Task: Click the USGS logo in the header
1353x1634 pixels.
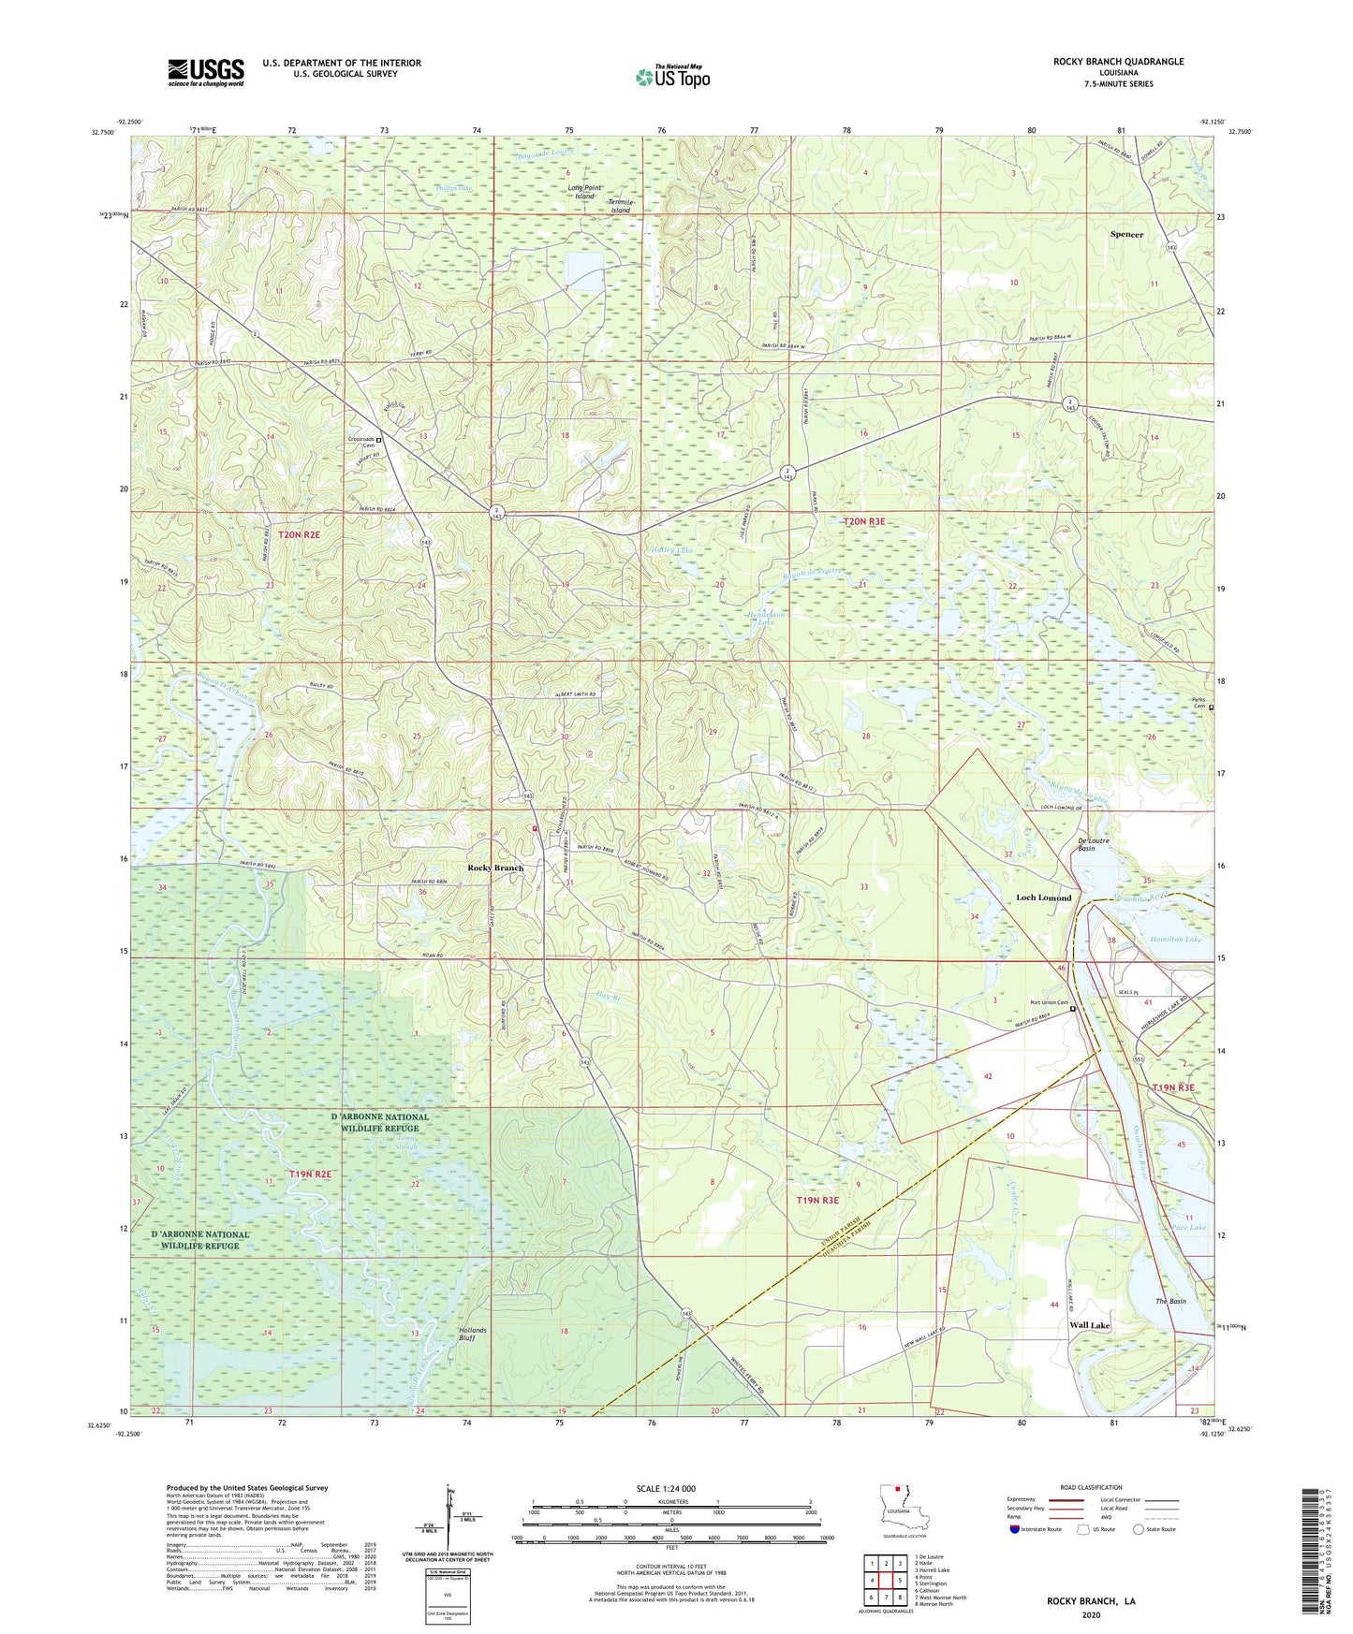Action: click(206, 72)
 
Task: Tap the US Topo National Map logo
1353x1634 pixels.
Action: click(672, 77)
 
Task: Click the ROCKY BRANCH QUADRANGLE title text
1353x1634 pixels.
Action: click(1105, 62)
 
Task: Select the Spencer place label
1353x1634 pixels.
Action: click(1126, 235)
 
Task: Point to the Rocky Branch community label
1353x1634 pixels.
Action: click(495, 868)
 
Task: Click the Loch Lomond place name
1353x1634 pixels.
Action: click(1043, 897)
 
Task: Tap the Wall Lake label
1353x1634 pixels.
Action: click(1089, 1325)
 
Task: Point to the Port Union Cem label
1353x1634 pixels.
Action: click(1049, 1003)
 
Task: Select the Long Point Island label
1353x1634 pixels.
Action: click(582, 192)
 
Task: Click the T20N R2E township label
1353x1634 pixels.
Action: click(299, 534)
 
